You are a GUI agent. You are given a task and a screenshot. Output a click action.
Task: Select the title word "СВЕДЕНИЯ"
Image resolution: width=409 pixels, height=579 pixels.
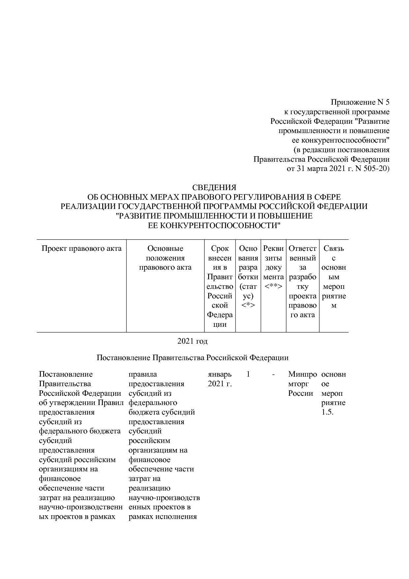[214, 187]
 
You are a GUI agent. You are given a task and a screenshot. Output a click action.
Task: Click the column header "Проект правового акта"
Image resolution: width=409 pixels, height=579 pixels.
[81, 249]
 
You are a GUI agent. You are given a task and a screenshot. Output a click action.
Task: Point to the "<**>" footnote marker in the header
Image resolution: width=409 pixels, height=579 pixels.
[273, 286]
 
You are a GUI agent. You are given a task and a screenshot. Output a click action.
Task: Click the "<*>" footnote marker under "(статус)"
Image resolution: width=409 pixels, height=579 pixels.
[248, 305]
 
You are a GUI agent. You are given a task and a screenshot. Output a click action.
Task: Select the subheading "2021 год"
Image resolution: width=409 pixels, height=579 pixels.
[192, 341]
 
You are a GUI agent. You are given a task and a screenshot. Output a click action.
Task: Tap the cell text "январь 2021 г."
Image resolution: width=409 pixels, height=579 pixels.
[220, 379]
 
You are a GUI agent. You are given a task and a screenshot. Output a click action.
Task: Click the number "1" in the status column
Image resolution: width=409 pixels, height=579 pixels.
[248, 374]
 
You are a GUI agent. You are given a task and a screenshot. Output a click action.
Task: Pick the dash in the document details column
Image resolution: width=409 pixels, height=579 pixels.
[273, 374]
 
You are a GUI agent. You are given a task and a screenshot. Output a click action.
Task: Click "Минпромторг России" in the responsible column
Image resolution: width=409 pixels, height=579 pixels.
[302, 384]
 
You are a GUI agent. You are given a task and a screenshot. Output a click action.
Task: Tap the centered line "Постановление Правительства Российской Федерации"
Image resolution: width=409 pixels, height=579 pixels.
[192, 358]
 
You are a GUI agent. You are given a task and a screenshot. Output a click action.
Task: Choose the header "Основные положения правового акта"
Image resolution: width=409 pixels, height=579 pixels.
[165, 258]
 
